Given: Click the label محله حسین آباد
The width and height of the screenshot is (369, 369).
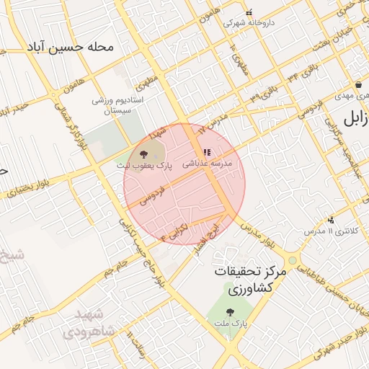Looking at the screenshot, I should (x=71, y=48).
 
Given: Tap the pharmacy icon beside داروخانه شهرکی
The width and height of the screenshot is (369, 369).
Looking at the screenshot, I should (x=249, y=12).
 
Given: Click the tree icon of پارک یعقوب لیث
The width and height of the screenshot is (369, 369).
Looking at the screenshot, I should (x=143, y=154).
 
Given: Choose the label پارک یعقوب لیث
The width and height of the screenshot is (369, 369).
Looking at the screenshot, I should (x=143, y=166).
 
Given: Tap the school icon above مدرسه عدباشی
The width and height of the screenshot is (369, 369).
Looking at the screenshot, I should (x=207, y=153).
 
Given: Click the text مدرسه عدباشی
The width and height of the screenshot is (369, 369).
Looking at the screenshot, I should (x=207, y=164).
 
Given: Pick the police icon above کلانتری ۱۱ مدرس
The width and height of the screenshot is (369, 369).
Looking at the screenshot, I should (x=331, y=220).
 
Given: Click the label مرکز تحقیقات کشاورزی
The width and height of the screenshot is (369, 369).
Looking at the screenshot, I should (x=247, y=280).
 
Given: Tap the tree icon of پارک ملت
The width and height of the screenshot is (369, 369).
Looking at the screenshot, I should (x=230, y=313).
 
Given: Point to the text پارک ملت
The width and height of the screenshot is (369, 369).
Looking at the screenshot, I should (x=230, y=324).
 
